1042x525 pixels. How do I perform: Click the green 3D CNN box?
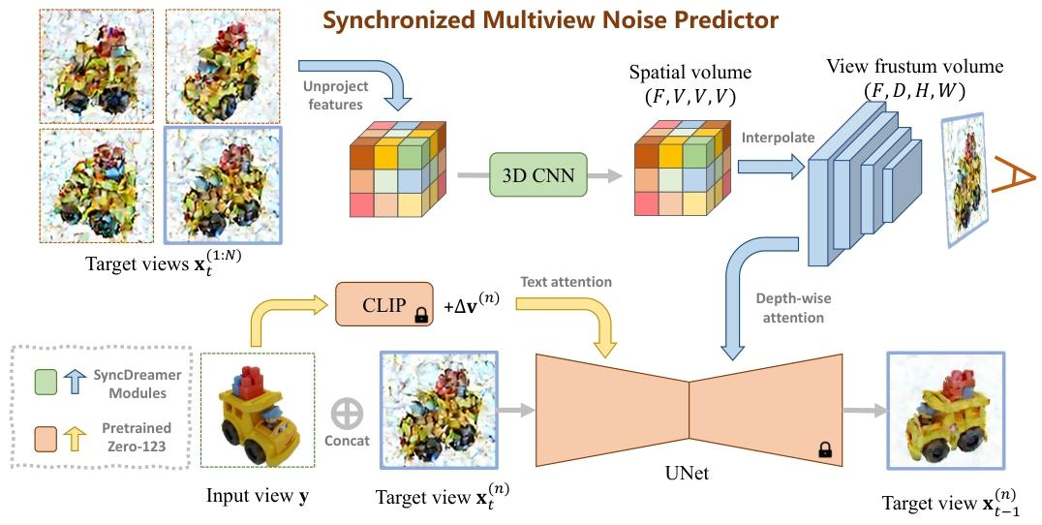[x=538, y=175]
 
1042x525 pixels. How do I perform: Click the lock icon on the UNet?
[x=825, y=448]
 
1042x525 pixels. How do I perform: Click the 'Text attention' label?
[x=567, y=282]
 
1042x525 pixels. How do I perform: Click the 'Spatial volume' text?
[x=690, y=73]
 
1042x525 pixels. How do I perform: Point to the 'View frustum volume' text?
[x=914, y=68]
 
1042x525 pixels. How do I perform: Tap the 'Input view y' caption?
[x=257, y=496]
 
